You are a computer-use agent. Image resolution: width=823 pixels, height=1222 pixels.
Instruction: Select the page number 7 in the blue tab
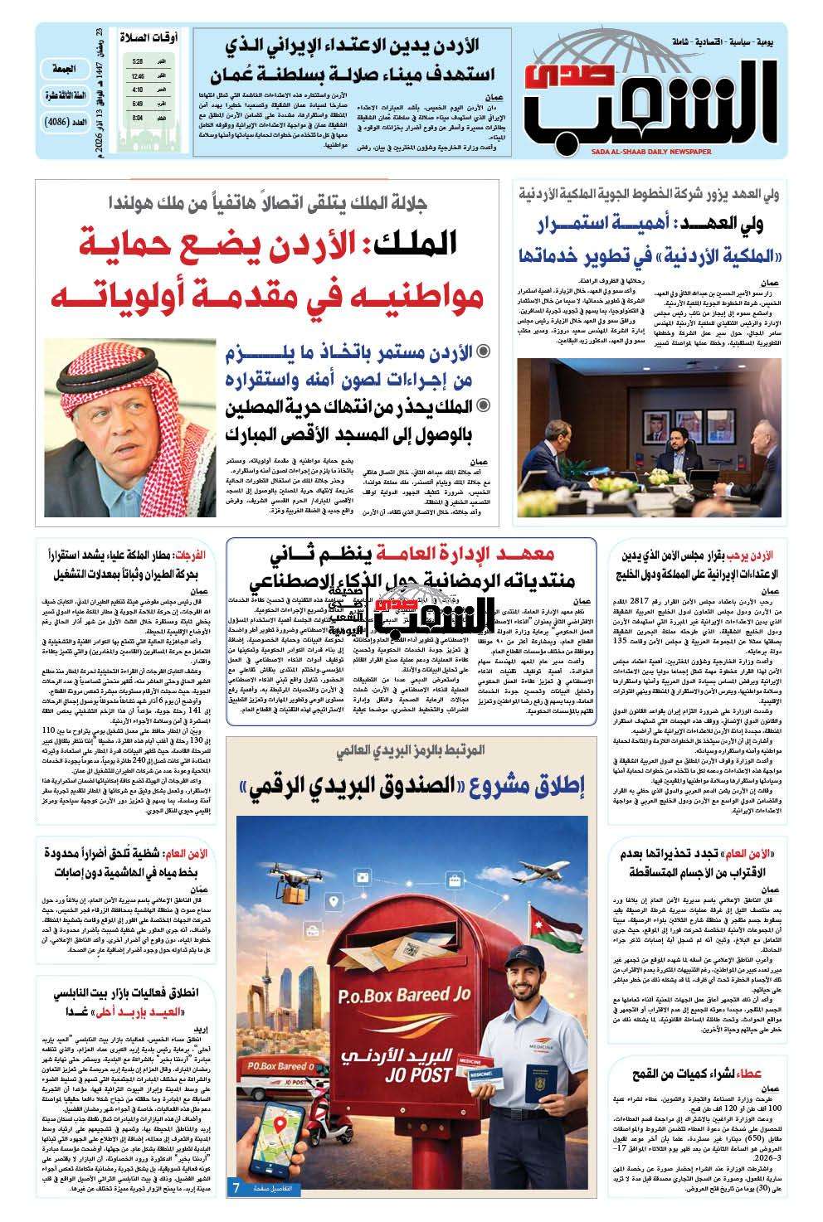coord(236,1187)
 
